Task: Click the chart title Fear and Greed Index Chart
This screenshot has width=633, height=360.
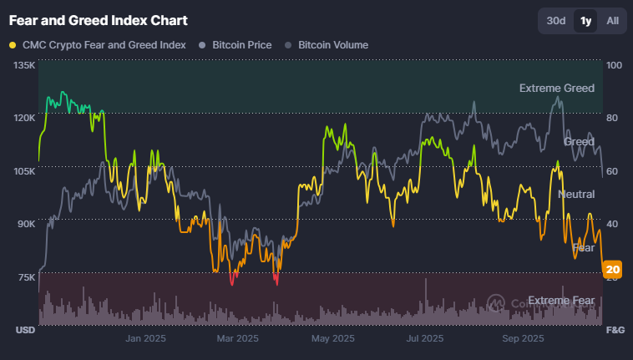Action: (98, 19)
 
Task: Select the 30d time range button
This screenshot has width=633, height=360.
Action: (556, 20)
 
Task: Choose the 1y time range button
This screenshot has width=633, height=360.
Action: (585, 20)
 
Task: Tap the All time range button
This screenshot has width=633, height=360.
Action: (612, 20)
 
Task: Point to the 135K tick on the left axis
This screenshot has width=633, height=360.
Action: (25, 65)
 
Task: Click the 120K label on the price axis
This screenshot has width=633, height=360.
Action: (25, 118)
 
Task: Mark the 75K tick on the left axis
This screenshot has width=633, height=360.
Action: (25, 277)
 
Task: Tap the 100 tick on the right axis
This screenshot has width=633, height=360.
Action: (614, 65)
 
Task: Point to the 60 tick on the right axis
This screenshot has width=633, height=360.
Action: (612, 171)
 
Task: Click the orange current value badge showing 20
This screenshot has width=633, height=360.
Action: (613, 269)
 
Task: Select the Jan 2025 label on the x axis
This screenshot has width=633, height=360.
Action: (146, 338)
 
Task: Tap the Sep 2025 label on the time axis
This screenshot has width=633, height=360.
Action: (523, 338)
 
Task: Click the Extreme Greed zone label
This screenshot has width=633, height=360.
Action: (556, 88)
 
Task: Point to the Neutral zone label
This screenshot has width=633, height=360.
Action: (576, 194)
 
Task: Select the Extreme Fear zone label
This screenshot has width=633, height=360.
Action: (561, 301)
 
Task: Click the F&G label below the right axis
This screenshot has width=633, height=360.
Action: (615, 330)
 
